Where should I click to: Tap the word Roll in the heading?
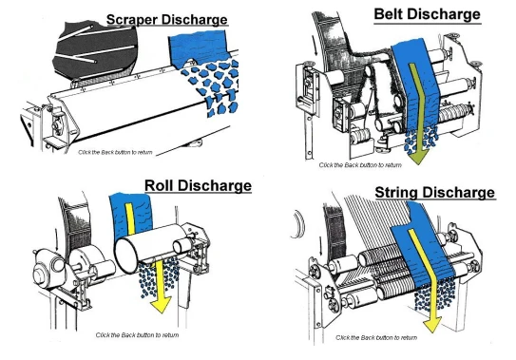[x=159, y=185]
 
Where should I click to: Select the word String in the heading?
[x=396, y=192]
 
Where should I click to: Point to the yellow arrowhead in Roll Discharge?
[x=161, y=304]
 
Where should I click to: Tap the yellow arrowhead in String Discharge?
[x=432, y=324]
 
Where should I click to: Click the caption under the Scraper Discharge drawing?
[x=115, y=152]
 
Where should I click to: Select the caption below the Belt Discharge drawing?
[x=360, y=165]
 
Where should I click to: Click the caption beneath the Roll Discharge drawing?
[x=137, y=335]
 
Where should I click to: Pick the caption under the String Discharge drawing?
[x=376, y=337]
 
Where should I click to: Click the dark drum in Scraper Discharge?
[x=95, y=51]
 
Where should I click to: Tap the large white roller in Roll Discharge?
[x=150, y=247]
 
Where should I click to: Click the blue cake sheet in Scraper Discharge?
[x=198, y=47]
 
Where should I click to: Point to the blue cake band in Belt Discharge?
[x=415, y=85]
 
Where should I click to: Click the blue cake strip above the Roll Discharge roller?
[x=131, y=215]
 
